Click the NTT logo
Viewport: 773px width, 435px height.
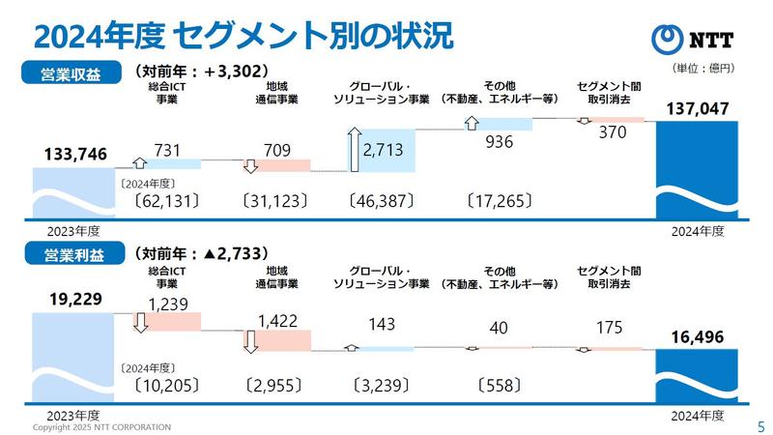[694, 39]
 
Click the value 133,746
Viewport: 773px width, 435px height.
[75, 154]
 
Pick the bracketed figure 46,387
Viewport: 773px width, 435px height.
[382, 202]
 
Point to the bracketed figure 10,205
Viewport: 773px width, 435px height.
[165, 385]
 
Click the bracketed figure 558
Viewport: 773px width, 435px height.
[501, 385]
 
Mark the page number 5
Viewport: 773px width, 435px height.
[759, 425]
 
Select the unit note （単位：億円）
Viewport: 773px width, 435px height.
[701, 70]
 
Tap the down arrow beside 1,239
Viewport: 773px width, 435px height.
[140, 322]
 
